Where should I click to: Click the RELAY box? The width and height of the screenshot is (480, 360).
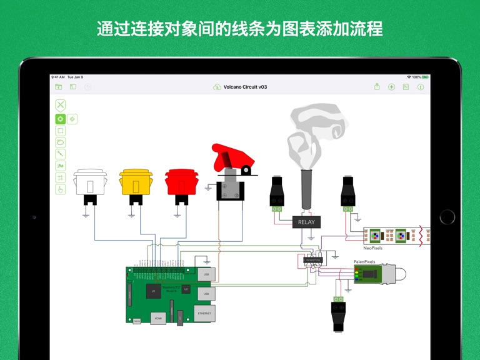(x=306, y=222)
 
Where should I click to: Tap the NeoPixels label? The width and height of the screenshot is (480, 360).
(x=372, y=247)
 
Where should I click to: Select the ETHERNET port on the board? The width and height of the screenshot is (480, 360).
(x=204, y=312)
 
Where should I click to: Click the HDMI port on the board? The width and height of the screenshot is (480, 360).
(x=158, y=317)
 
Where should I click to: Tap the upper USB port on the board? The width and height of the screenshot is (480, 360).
(x=206, y=274)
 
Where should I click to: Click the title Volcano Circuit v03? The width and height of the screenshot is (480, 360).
(x=245, y=87)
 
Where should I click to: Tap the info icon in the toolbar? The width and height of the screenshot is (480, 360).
(x=421, y=87)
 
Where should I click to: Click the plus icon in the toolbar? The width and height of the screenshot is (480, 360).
(x=392, y=87)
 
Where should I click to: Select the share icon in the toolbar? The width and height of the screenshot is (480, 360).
(x=406, y=87)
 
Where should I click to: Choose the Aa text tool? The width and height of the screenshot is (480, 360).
(x=61, y=166)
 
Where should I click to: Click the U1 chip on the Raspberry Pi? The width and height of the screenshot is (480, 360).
(x=152, y=291)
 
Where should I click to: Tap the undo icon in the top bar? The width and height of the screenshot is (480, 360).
(x=87, y=87)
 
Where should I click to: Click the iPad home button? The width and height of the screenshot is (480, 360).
(x=447, y=217)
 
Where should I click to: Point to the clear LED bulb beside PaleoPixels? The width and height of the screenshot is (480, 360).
(x=399, y=273)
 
